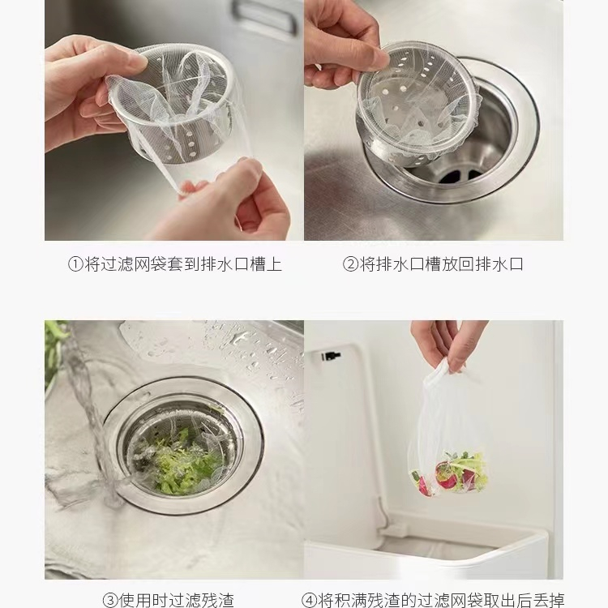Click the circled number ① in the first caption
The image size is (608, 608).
[x=75, y=264]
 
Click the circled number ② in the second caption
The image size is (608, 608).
[x=350, y=264]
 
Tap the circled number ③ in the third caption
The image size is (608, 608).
[x=110, y=600]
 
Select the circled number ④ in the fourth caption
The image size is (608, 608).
[x=309, y=600]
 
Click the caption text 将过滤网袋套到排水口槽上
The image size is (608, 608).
[x=183, y=264]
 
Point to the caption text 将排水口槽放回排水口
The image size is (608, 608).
[x=441, y=264]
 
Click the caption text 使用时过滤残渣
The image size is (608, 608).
[x=177, y=600]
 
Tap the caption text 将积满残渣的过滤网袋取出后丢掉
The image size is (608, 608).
[x=441, y=600]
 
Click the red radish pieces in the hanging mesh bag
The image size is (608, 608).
[x=446, y=476]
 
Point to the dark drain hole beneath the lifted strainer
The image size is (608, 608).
[x=460, y=177]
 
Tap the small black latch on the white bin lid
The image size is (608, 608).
[x=330, y=355]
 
